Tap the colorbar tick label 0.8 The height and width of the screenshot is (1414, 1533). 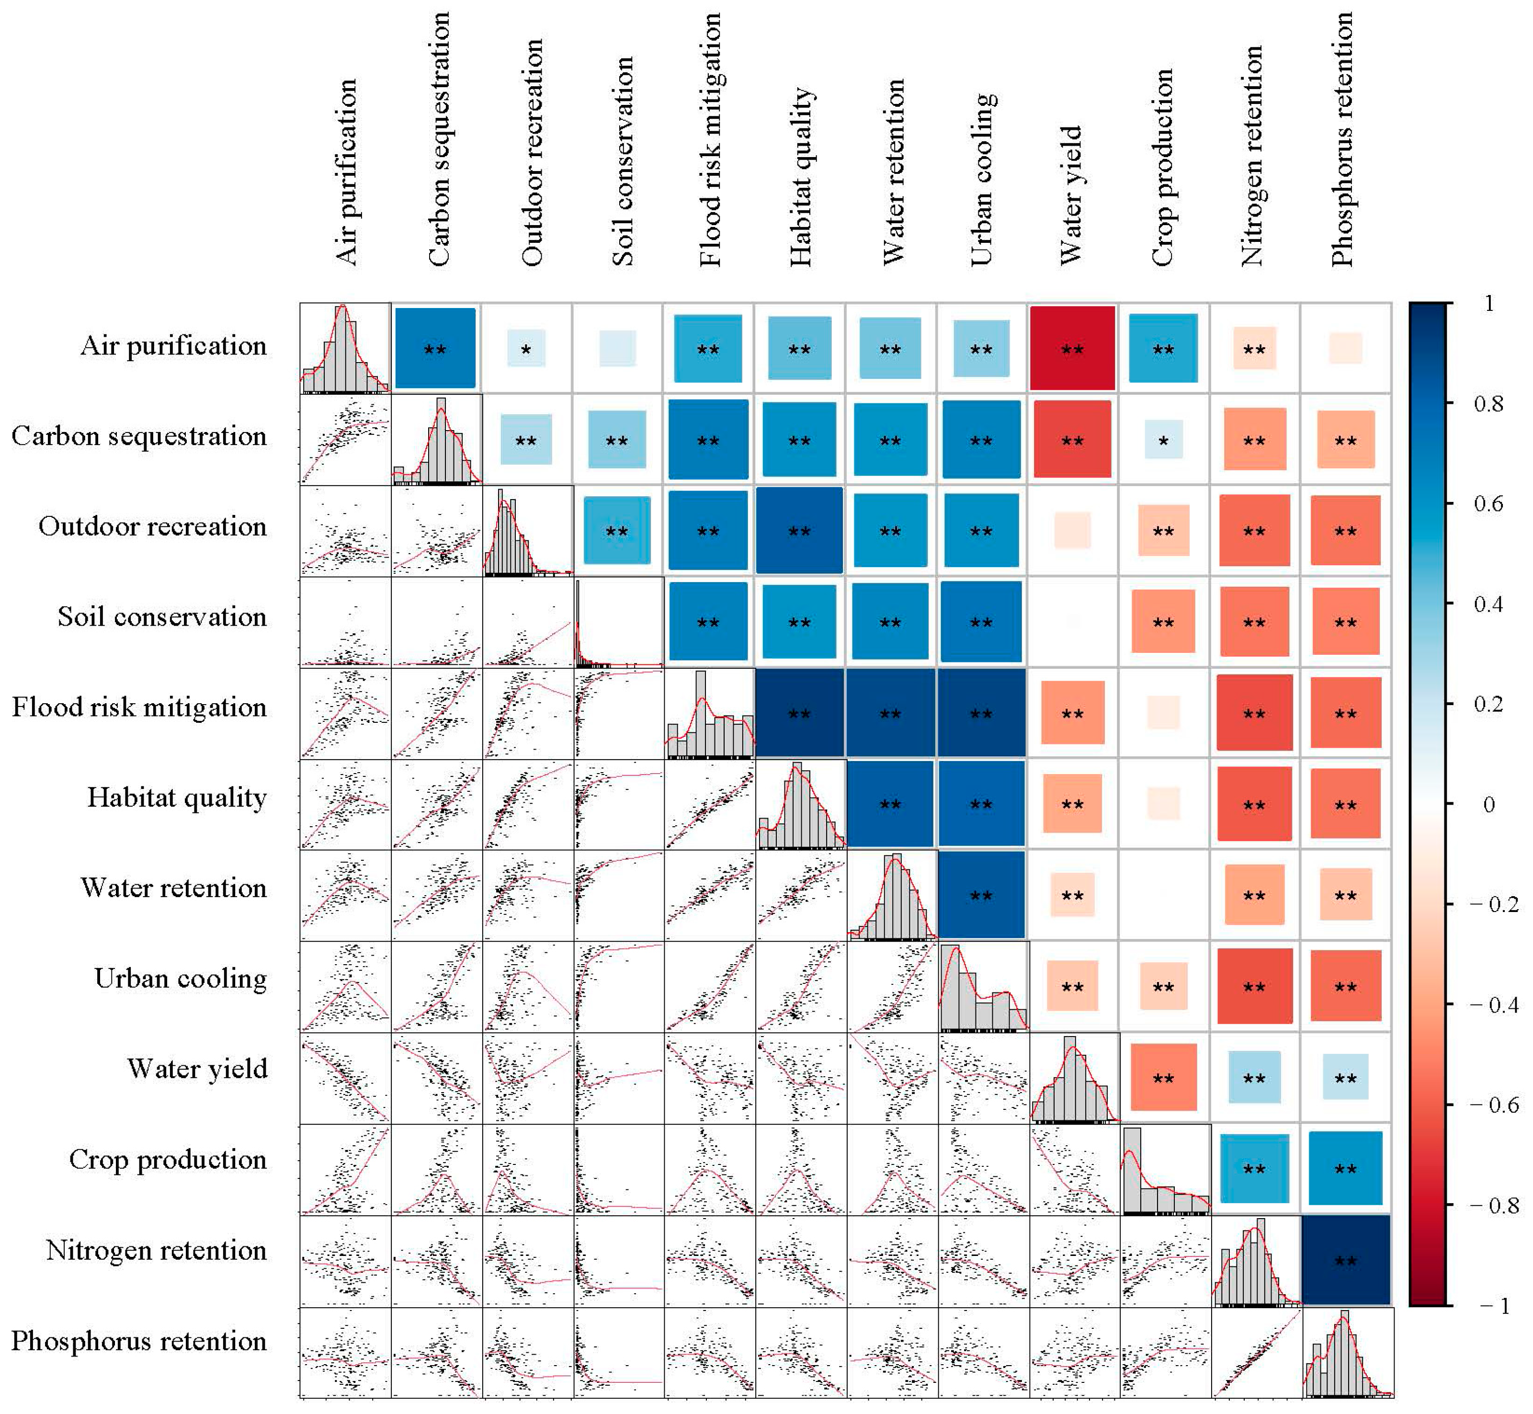click(1488, 403)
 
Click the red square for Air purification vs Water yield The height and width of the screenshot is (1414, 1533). click(1072, 349)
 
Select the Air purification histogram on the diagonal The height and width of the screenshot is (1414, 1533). click(345, 349)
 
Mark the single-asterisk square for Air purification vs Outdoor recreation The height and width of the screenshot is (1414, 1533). click(526, 349)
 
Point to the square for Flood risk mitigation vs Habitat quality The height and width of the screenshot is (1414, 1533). click(799, 713)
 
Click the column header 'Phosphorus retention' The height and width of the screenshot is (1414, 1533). click(1342, 139)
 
